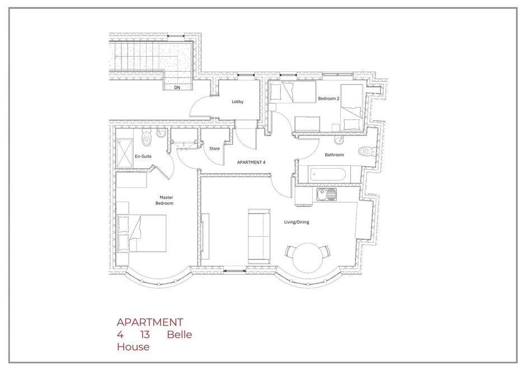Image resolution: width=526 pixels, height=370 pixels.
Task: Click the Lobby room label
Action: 237,101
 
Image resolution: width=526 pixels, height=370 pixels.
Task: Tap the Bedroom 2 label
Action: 328,99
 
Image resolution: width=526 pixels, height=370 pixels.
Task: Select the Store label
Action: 214,149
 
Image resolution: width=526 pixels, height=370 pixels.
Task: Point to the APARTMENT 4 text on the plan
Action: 251,163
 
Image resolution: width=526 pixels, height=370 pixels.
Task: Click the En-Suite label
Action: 143,156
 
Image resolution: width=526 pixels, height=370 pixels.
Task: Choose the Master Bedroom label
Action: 165,200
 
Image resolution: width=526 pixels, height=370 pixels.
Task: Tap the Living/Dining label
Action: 297,222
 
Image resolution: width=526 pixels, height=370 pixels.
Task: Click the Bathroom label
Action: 334,155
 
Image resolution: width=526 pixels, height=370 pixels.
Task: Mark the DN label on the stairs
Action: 177,87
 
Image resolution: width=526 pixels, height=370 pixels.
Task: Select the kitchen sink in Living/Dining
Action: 326,194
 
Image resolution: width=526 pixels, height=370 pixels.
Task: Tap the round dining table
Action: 307,258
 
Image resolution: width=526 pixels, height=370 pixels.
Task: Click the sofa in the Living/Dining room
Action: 259,236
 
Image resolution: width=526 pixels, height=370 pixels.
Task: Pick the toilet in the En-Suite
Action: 146,137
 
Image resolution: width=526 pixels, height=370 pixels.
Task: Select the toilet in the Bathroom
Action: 367,151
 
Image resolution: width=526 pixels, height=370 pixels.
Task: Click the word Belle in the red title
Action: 180,335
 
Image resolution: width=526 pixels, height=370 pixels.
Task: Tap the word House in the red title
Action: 133,347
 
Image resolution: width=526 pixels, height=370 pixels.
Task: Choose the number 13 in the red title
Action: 145,335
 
